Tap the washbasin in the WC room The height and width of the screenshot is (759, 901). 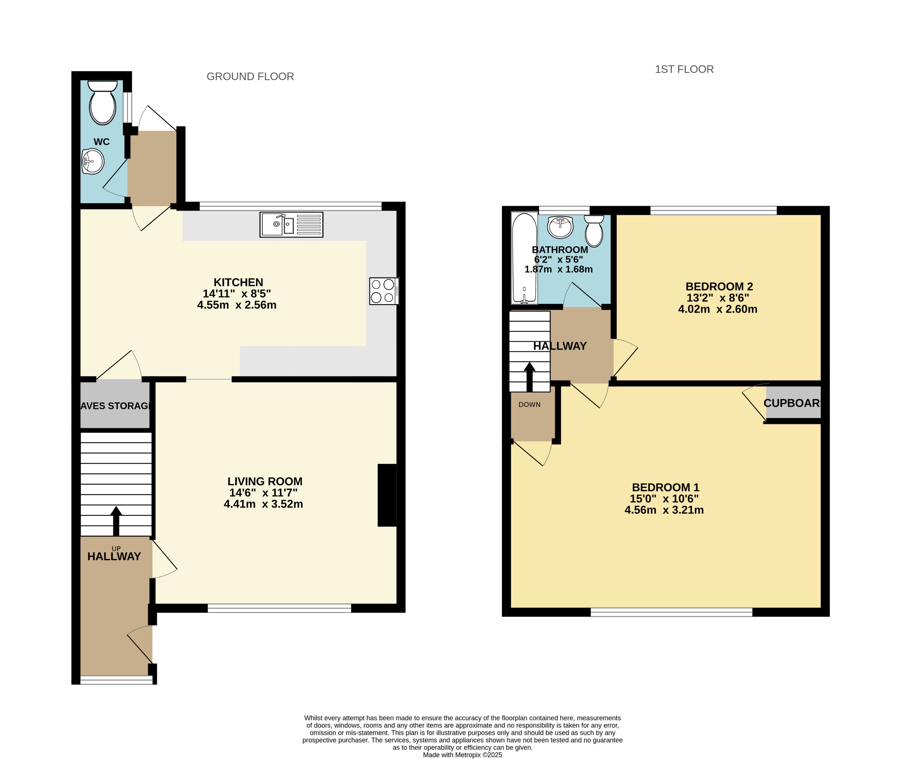click(93, 161)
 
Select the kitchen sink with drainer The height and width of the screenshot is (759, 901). click(291, 225)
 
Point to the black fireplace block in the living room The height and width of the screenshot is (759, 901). click(387, 495)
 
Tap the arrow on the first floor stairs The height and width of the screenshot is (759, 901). click(529, 376)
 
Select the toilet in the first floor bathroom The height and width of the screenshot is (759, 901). click(594, 231)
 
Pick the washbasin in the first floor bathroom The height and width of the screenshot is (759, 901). click(560, 227)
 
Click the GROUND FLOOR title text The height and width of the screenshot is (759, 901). click(250, 77)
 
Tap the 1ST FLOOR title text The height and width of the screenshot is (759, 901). click(684, 69)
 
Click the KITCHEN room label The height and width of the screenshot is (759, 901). click(238, 282)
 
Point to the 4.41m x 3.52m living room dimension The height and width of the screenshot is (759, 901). click(263, 504)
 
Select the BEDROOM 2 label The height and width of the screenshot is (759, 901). click(719, 286)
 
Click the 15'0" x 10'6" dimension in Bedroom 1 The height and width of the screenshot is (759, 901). click(664, 499)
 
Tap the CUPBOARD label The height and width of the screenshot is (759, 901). click(791, 403)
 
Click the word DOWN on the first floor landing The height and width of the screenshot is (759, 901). click(529, 404)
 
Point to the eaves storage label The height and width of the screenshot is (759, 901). click(115, 406)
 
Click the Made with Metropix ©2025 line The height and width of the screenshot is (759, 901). click(462, 755)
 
